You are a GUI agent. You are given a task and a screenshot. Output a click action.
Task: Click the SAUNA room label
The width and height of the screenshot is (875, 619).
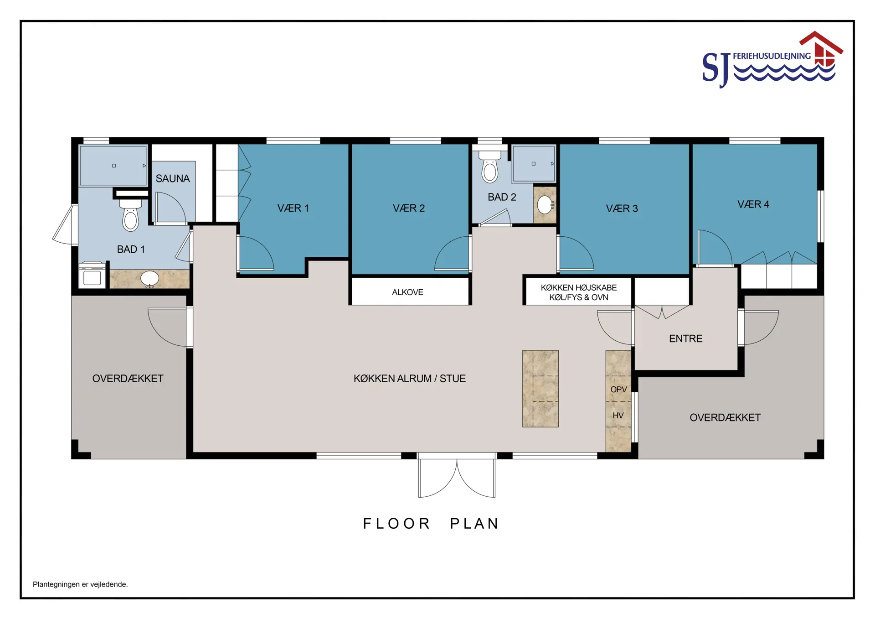[x=173, y=178]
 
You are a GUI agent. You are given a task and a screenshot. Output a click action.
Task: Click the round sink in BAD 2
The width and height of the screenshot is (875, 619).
[x=545, y=205]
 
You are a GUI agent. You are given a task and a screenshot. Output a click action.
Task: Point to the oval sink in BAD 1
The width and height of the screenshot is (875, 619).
[x=149, y=278]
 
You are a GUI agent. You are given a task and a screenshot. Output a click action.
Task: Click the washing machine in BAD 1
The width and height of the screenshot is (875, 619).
[x=92, y=275]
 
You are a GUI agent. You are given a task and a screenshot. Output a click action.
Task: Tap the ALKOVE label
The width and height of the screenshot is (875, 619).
[x=407, y=292]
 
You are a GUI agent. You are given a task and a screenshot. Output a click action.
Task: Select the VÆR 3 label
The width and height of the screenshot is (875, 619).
[x=622, y=208]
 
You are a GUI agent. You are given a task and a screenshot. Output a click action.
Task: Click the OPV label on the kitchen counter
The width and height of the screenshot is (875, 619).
[x=618, y=390]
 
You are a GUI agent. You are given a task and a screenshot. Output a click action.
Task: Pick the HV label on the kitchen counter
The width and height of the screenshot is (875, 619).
[x=618, y=416]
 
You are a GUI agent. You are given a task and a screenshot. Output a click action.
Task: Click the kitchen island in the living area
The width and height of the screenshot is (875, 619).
[x=540, y=389]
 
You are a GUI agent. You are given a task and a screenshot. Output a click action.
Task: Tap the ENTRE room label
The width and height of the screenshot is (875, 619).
[x=685, y=338]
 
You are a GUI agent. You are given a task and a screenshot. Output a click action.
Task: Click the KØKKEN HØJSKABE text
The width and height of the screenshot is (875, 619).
[x=579, y=288]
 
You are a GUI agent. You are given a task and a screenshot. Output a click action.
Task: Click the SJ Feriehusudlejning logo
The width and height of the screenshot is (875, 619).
[x=772, y=59]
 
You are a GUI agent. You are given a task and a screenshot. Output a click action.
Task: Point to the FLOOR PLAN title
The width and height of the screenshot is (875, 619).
[x=431, y=523]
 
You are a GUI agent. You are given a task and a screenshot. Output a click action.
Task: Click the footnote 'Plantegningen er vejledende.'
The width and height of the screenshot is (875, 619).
[x=80, y=584]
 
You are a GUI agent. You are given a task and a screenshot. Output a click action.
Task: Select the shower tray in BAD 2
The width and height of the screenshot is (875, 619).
[x=534, y=164]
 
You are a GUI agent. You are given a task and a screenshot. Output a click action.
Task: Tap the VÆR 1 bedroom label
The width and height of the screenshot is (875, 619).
[x=293, y=208]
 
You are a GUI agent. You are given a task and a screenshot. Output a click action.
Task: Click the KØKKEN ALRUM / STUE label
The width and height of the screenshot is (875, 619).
[x=410, y=379]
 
